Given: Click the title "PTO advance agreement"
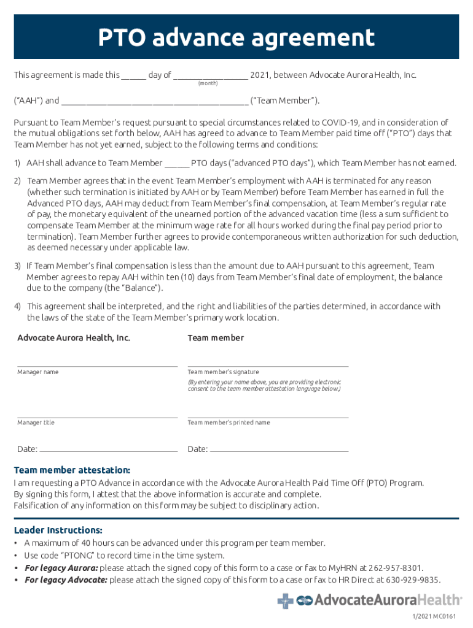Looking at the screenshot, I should point(237,38).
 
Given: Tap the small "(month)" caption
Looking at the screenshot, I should point(208,83).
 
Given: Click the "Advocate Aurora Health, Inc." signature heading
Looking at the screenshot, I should point(74,338).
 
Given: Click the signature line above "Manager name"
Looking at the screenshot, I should point(97,366).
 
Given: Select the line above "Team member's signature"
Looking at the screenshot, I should point(268,366).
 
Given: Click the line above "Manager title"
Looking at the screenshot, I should point(97,417).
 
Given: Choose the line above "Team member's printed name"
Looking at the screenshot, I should point(268,417).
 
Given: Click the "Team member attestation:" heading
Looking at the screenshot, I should point(72,470).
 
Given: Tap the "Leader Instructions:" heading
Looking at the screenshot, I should point(58,530).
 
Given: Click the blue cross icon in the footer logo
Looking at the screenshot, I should point(285,600).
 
